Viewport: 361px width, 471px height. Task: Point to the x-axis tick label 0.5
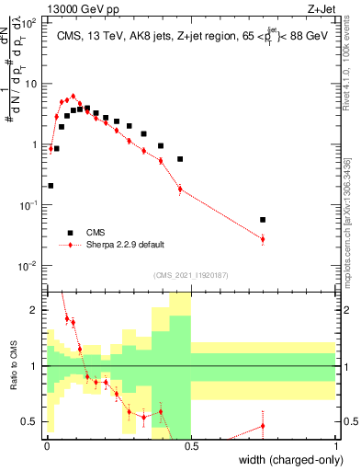pos(191,445)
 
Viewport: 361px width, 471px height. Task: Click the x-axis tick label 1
pos(336,445)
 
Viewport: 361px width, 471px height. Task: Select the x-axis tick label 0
pos(47,445)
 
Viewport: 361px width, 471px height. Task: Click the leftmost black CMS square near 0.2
pos(51,186)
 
